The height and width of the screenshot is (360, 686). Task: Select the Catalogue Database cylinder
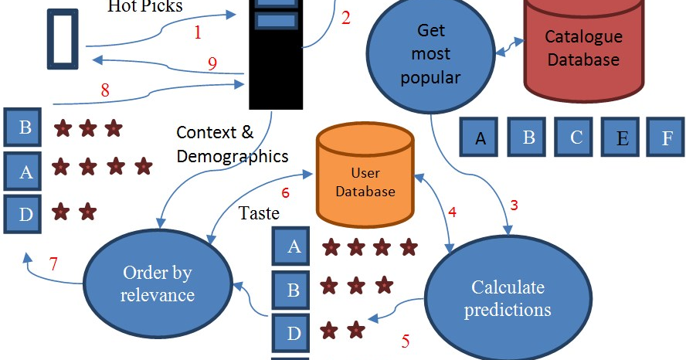click(582, 48)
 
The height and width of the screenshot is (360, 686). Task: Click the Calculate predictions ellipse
click(508, 298)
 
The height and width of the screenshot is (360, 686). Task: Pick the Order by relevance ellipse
click(158, 284)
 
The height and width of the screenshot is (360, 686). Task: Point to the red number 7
click(53, 263)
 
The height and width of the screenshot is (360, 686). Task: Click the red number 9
click(212, 64)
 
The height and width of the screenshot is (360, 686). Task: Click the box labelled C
click(576, 138)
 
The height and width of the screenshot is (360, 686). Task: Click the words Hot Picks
click(146, 7)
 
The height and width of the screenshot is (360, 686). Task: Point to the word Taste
click(259, 212)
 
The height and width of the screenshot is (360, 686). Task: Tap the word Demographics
click(232, 156)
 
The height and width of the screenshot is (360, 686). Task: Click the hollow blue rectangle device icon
click(63, 39)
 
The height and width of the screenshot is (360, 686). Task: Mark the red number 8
click(105, 90)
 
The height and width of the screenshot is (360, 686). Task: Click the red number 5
click(405, 339)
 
